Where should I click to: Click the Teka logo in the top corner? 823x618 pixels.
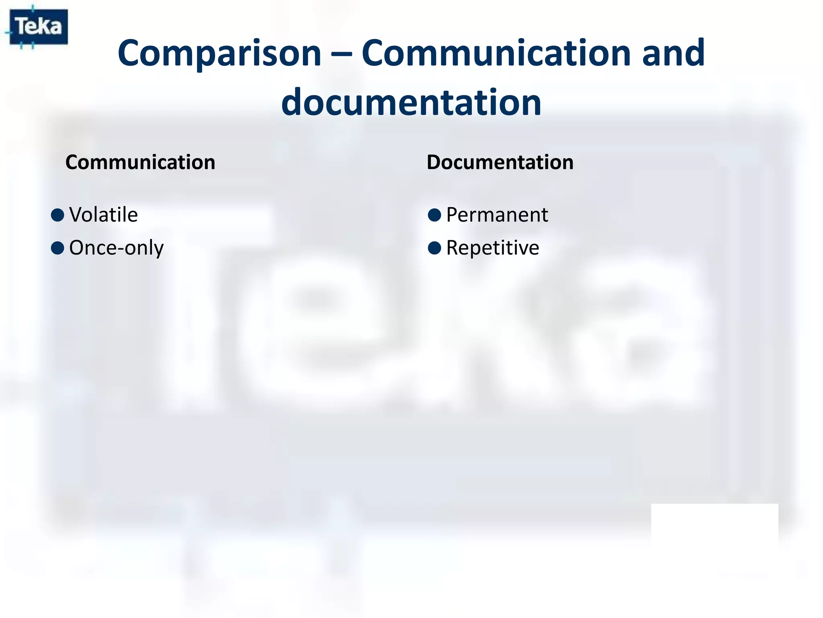39,27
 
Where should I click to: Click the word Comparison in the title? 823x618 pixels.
219,54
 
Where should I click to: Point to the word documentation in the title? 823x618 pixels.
411,102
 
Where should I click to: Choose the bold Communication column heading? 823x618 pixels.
140,163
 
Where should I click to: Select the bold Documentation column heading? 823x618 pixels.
500,163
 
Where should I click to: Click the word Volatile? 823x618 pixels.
103,214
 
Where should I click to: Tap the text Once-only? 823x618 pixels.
116,248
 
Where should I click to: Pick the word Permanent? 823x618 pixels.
497,215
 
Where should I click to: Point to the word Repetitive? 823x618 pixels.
492,248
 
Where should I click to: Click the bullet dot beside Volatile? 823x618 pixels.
58,215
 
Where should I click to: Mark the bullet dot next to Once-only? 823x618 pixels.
58,248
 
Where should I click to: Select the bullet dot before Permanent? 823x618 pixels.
434,215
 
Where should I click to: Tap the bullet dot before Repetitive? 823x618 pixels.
434,248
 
